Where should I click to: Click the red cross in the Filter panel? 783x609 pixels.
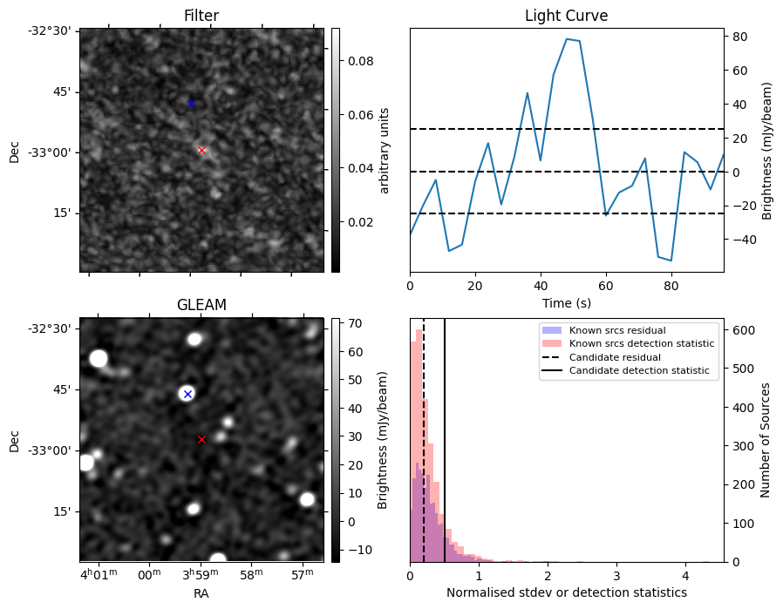pos(201,150)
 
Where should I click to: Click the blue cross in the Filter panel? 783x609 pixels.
pos(191,104)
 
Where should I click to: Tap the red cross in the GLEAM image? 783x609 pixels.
pos(201,439)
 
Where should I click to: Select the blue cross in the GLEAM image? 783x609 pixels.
pos(187,394)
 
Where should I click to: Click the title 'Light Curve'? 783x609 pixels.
pos(566,16)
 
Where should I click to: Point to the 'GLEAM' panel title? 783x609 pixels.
pos(201,305)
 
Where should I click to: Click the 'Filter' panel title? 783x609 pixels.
pos(201,16)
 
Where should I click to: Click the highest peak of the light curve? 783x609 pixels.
pos(567,38)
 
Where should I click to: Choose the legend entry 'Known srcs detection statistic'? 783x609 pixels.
pos(641,344)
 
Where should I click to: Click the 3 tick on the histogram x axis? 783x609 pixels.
pos(616,576)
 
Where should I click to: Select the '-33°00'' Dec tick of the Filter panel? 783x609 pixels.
pos(54,152)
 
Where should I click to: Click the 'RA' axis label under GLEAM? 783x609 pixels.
pos(201,593)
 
